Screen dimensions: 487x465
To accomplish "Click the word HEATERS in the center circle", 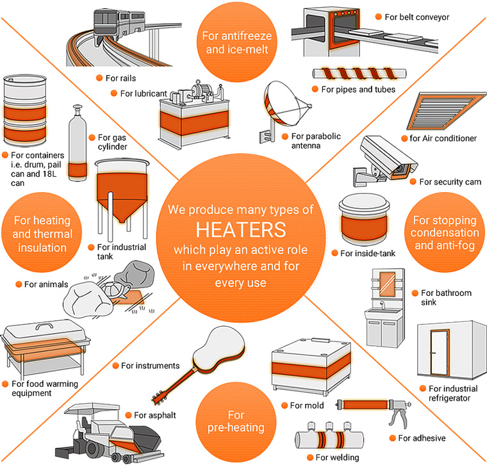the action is (241, 230).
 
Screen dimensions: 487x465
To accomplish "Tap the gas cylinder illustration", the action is (78, 143).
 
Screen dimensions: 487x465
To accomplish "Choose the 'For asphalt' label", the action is (154, 415).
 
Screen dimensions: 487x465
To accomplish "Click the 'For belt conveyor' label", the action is (417, 17).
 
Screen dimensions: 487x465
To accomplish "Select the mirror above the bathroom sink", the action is (388, 284).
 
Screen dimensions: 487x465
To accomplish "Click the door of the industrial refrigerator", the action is (440, 353).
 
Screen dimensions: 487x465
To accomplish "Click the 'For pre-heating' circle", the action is (236, 421).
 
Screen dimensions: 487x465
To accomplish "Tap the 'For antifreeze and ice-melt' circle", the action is (237, 42).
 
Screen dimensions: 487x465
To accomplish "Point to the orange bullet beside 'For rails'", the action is (99, 78).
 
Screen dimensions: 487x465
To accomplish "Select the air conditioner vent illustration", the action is (447, 111).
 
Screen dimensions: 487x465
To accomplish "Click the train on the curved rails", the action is (119, 26).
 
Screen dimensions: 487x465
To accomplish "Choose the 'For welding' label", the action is (337, 457).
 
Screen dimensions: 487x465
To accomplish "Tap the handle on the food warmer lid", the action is (44, 325).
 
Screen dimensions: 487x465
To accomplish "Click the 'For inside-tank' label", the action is (368, 253).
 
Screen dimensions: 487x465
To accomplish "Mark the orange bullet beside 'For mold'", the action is (284, 405).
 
